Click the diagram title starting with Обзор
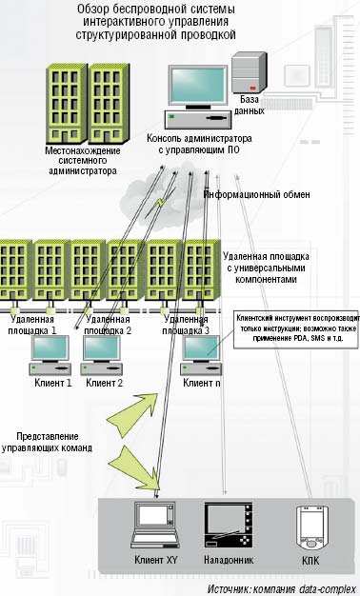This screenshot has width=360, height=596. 155,22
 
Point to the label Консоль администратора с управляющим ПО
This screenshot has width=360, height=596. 199,143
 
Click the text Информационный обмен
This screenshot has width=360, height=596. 256,194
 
